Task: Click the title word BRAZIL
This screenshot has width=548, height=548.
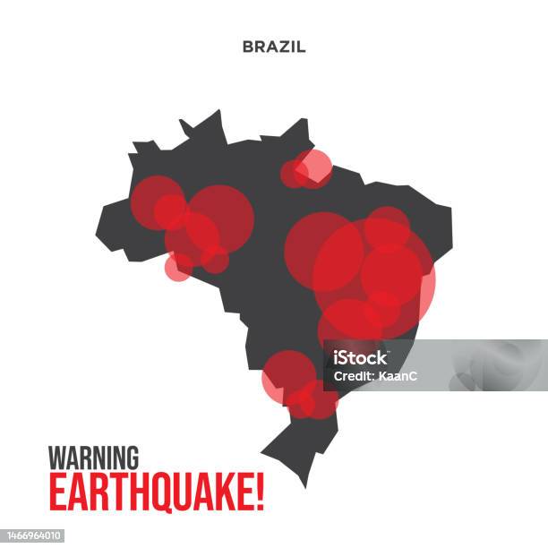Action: (273, 47)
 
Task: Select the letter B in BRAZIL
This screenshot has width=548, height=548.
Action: (247, 47)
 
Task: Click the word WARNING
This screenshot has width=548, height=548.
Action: (93, 458)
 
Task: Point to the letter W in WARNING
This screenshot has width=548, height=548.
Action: (56, 458)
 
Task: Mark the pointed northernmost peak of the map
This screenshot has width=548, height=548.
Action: (218, 111)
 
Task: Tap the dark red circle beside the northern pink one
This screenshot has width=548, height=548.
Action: (294, 174)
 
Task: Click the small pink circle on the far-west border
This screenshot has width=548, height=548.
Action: (178, 266)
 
